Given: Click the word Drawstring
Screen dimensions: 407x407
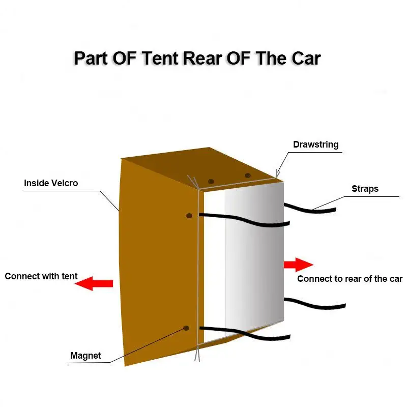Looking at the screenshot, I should (x=315, y=144).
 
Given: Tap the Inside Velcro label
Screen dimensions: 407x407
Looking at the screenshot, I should (x=51, y=183).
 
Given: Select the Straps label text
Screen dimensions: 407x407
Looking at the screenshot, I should (x=365, y=189).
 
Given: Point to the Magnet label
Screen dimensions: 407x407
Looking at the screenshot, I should (x=85, y=356).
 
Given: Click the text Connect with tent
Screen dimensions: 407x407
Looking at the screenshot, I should (x=41, y=276).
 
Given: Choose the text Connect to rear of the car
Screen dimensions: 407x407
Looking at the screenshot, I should (x=350, y=278).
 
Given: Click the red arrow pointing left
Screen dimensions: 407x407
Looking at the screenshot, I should (x=94, y=283).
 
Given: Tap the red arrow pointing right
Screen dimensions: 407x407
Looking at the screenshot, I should (x=298, y=265).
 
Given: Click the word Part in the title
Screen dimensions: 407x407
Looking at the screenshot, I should (x=91, y=58).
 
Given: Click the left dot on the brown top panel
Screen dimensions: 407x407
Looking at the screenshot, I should (x=211, y=182).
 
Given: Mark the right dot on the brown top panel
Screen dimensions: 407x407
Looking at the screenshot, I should (x=248, y=176).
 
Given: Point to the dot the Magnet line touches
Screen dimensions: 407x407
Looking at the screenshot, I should (x=186, y=328).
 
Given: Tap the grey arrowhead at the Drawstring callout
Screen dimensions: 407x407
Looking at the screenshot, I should (x=277, y=175).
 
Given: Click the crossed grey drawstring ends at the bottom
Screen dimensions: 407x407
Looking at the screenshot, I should (x=197, y=351).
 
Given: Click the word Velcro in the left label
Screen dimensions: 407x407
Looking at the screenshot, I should (x=65, y=183).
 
